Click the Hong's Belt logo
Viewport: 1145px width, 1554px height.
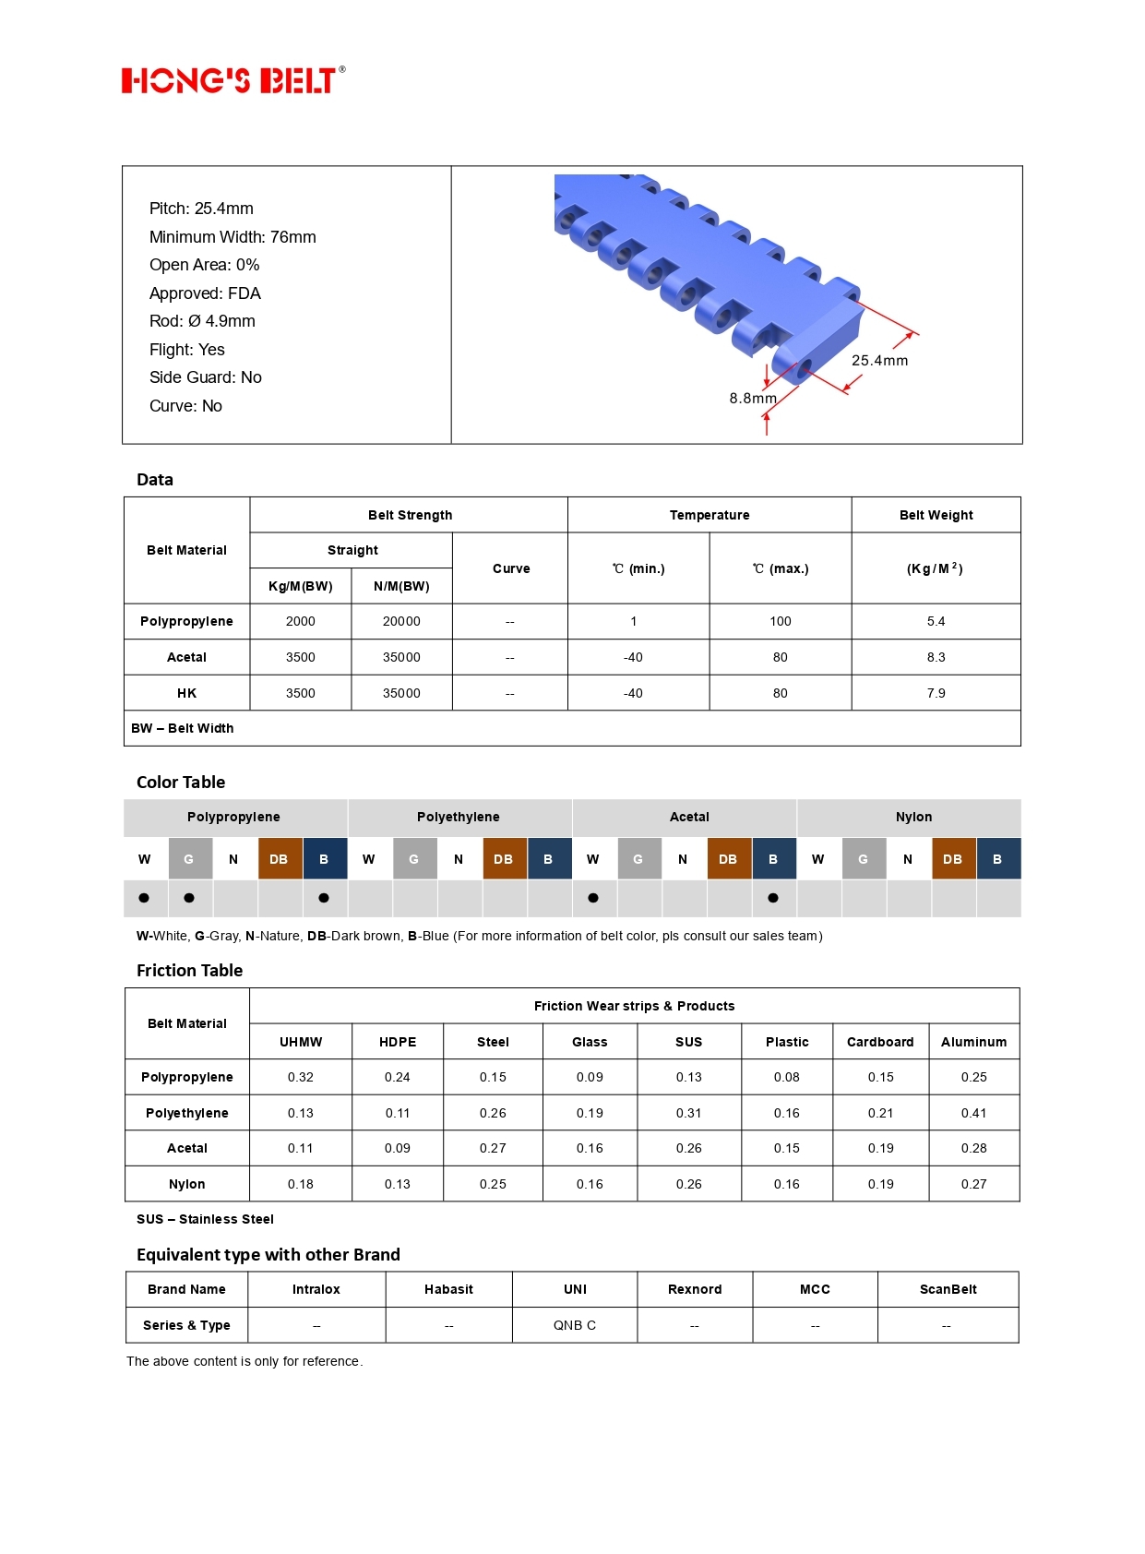(x=233, y=80)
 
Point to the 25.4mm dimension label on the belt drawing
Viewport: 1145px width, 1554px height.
(x=879, y=361)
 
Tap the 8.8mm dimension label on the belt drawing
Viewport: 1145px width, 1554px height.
(x=752, y=399)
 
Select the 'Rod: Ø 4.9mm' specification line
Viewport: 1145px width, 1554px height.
(x=202, y=321)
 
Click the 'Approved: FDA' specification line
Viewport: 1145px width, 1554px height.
(x=205, y=293)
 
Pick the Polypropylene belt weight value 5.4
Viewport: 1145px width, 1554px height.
(x=936, y=622)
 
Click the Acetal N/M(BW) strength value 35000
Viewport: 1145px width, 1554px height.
(x=401, y=658)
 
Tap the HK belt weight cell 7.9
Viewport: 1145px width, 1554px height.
(x=936, y=694)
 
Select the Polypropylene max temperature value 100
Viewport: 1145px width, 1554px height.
(x=780, y=622)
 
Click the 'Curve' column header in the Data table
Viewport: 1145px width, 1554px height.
(x=511, y=569)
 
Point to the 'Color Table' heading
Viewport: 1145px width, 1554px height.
(x=181, y=783)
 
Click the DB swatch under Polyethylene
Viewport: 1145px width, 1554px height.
(x=504, y=859)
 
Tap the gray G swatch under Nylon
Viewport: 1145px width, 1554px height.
(x=864, y=859)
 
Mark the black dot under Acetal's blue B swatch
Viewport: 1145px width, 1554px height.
(x=773, y=898)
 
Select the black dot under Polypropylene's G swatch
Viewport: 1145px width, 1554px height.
(x=189, y=898)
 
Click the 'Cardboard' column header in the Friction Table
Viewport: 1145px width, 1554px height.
(x=880, y=1043)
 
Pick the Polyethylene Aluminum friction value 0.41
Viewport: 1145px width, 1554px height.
(x=973, y=1114)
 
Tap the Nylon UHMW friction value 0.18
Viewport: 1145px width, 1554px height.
(x=301, y=1185)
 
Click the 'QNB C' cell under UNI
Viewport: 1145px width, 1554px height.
(x=575, y=1326)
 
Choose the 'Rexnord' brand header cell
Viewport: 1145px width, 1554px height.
(x=695, y=1290)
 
